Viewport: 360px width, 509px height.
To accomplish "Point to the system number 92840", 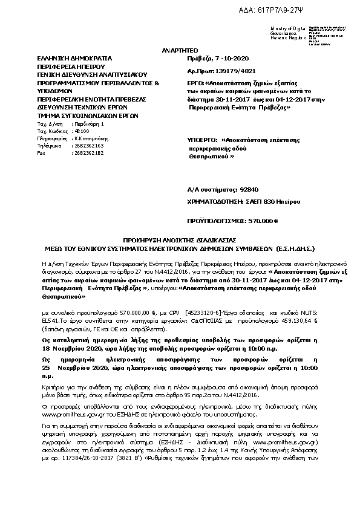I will click(244, 189).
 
